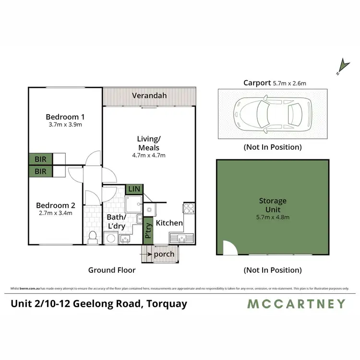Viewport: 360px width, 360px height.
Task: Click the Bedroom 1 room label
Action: [65, 117]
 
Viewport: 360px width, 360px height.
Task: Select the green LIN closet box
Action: [133, 189]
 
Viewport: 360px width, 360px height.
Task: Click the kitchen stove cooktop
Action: [188, 209]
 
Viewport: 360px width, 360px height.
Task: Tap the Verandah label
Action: [150, 96]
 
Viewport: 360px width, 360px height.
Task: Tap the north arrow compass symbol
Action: [342, 67]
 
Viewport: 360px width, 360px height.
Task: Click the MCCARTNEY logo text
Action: [296, 303]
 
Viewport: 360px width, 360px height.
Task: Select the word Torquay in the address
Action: [169, 303]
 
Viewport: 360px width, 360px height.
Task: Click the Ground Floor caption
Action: [112, 270]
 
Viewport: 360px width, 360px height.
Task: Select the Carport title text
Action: [257, 83]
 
